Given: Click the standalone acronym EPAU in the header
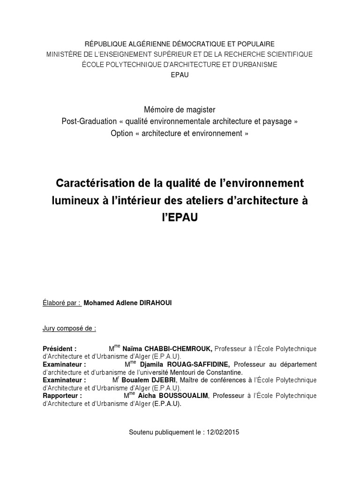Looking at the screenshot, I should [x=180, y=75].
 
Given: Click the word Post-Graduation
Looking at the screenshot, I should [x=89, y=121].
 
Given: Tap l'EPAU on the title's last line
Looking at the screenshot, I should [x=180, y=218].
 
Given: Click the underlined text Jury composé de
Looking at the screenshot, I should [x=69, y=328].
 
